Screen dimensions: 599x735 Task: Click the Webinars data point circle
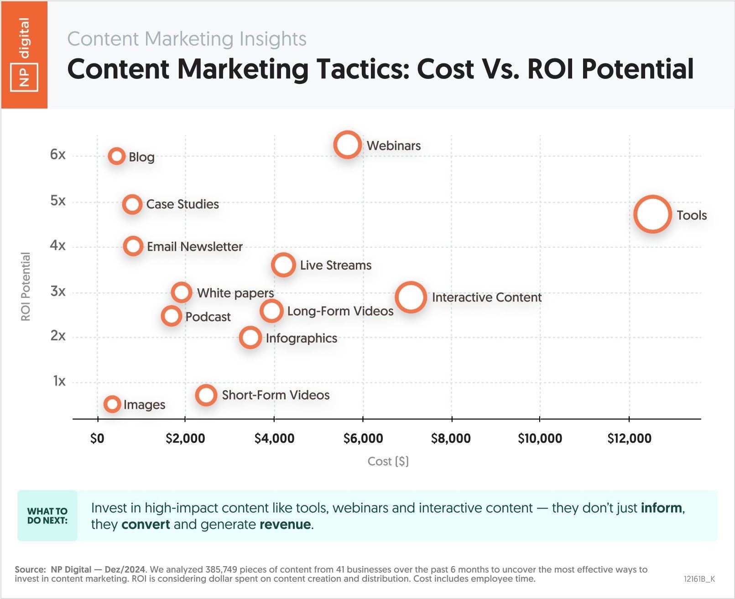pyautogui.click(x=347, y=145)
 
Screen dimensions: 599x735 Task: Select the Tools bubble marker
pyautogui.click(x=652, y=214)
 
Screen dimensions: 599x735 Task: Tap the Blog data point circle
pyautogui.click(x=117, y=156)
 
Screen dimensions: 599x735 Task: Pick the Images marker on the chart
pyautogui.click(x=112, y=404)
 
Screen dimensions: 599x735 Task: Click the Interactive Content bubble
pyautogui.click(x=411, y=297)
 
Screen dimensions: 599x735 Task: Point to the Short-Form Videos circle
pyautogui.click(x=206, y=395)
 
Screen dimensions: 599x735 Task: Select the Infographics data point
pyautogui.click(x=250, y=338)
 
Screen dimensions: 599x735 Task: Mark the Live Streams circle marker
pyautogui.click(x=283, y=265)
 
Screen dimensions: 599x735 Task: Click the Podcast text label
pyautogui.click(x=208, y=317)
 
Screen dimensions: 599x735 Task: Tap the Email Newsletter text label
pyautogui.click(x=194, y=246)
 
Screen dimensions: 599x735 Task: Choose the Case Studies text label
pyautogui.click(x=182, y=204)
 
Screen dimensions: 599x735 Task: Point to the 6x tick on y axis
pyautogui.click(x=58, y=155)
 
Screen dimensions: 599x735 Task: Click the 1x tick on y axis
pyautogui.click(x=59, y=381)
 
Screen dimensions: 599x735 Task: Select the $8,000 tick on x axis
pyautogui.click(x=451, y=438)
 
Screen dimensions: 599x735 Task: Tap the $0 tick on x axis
pyautogui.click(x=97, y=438)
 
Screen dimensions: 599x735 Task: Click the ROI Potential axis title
pyautogui.click(x=26, y=286)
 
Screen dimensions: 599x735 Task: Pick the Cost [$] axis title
pyautogui.click(x=388, y=461)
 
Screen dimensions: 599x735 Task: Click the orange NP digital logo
pyautogui.click(x=24, y=55)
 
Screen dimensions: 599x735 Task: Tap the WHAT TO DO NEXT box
pyautogui.click(x=47, y=516)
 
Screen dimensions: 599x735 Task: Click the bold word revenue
pyautogui.click(x=285, y=524)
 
